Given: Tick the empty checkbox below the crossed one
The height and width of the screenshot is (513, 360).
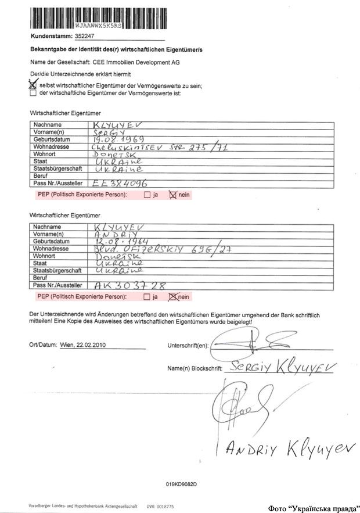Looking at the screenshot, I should click(33, 92).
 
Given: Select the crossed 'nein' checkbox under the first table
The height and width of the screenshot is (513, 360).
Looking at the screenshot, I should click(172, 195).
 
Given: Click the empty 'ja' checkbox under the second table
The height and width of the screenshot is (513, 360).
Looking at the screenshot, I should click(147, 297).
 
